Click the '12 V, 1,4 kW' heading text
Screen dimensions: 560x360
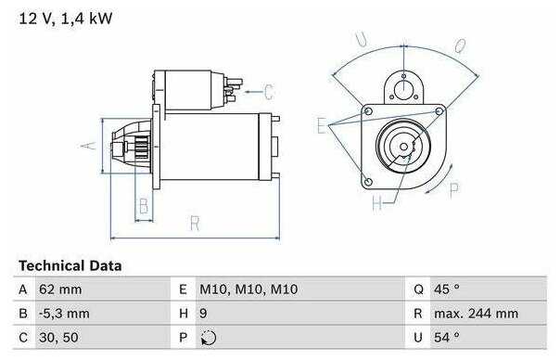pos(65,19)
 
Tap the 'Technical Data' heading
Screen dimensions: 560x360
pos(70,265)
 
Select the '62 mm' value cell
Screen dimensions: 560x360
pos(60,289)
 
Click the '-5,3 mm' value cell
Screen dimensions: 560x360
pos(64,314)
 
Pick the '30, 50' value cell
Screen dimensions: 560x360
pos(58,338)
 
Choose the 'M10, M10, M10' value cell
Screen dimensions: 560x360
pos(248,289)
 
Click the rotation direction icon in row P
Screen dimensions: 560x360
pos(209,338)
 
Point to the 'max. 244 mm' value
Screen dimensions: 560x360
pos(476,314)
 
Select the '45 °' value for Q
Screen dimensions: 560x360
pos(447,289)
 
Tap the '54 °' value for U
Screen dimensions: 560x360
pos(447,338)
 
